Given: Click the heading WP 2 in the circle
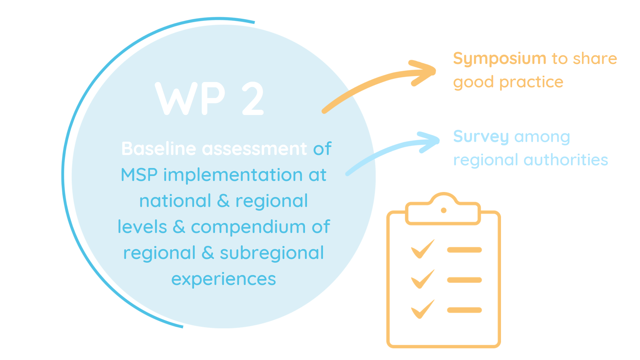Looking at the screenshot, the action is pyautogui.click(x=210, y=99).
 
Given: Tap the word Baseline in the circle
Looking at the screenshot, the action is pyautogui.click(x=159, y=149).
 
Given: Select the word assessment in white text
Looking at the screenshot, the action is pyautogui.click(x=254, y=149).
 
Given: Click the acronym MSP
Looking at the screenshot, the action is pyautogui.click(x=139, y=175).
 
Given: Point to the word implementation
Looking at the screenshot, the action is pyautogui.click(x=233, y=175).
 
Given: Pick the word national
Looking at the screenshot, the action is pyautogui.click(x=175, y=201).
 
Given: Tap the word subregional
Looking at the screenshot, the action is pyautogui.click(x=272, y=253).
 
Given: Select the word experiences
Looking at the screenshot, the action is pyautogui.click(x=224, y=279).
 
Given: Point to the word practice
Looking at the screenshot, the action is pyautogui.click(x=531, y=82).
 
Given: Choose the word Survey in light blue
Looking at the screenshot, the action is pyautogui.click(x=481, y=137).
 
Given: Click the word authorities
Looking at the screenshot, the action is pyautogui.click(x=566, y=160).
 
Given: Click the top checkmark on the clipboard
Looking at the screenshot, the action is pyautogui.click(x=423, y=249).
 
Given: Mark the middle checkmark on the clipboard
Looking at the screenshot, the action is pyautogui.click(x=423, y=279).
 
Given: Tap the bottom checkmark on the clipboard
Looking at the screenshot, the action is pyautogui.click(x=423, y=309).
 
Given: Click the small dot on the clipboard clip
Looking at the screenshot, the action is pyautogui.click(x=444, y=210).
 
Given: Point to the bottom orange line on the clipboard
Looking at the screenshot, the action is pyautogui.click(x=464, y=310).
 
